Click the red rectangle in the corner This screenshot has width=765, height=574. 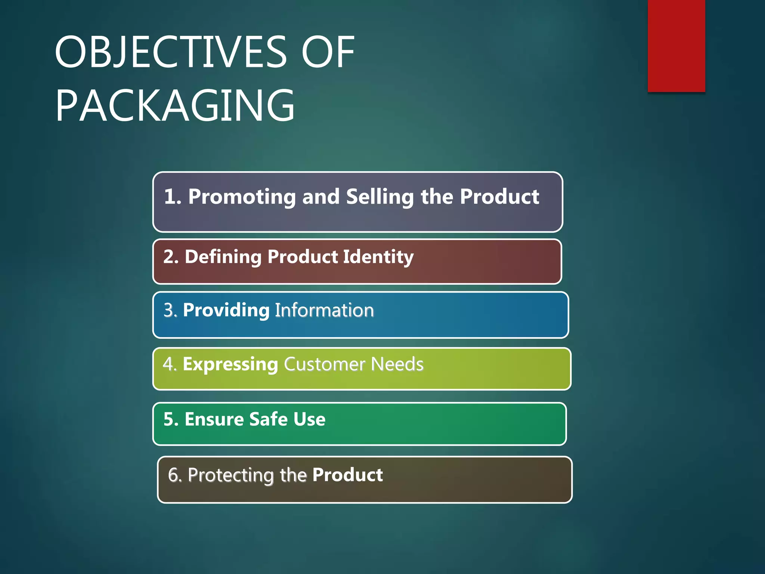(x=676, y=46)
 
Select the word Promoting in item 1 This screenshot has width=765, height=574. (x=242, y=197)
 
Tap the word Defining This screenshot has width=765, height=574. (x=223, y=257)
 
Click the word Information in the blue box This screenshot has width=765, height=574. (x=324, y=310)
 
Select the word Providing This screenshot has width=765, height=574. (x=226, y=310)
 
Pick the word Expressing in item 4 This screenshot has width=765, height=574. (x=230, y=364)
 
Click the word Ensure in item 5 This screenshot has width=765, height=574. (x=214, y=419)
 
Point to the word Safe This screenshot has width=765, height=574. (x=268, y=419)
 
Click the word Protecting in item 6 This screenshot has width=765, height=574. (x=231, y=475)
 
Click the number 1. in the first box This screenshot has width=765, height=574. (x=172, y=197)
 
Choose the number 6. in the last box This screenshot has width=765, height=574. (x=175, y=475)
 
